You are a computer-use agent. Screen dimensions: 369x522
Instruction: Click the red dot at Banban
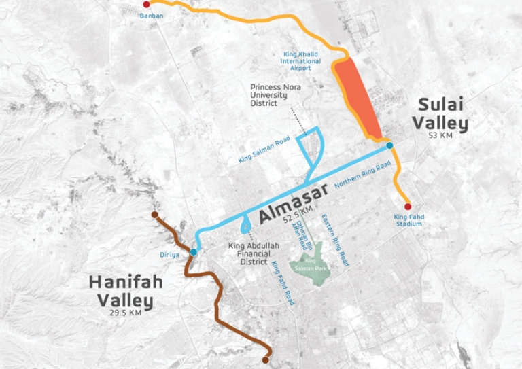(x=146, y=5)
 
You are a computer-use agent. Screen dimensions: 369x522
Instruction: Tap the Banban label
(x=152, y=16)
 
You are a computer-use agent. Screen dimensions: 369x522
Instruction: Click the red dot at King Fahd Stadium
(x=408, y=207)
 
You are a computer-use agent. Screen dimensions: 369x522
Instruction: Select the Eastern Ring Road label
(x=338, y=239)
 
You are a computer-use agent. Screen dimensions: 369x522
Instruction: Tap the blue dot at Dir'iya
(x=194, y=252)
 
